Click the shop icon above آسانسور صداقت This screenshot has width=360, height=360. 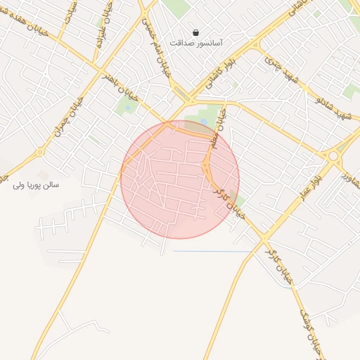click(195, 32)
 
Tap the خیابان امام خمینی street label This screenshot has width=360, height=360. click(155, 42)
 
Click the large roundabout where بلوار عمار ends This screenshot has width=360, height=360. click(333, 155)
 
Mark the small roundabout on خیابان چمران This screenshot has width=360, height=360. click(40, 151)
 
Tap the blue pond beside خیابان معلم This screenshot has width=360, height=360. click(204, 122)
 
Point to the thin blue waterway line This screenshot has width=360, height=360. click(211, 251)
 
